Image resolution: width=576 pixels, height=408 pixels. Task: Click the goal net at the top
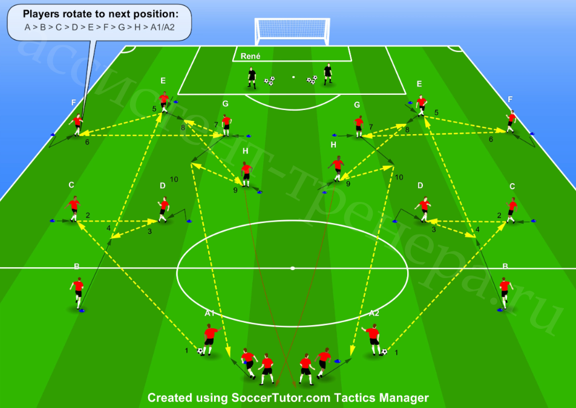pyautogui.click(x=292, y=31)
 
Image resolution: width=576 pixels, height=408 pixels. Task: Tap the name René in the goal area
pyautogui.click(x=250, y=56)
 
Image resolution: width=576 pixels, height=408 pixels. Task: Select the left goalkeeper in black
pyautogui.click(x=252, y=78)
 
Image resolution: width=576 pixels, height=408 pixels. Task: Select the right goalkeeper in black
pyautogui.click(x=328, y=74)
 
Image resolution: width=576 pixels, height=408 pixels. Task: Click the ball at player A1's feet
pyautogui.click(x=200, y=351)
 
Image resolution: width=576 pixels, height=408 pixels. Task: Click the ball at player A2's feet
pyautogui.click(x=384, y=352)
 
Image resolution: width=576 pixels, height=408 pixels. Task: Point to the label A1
pyautogui.click(x=209, y=313)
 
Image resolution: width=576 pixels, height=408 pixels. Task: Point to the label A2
pyautogui.click(x=374, y=313)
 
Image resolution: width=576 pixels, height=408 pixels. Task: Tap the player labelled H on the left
pyautogui.click(x=246, y=174)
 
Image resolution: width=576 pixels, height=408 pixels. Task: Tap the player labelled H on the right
pyautogui.click(x=337, y=169)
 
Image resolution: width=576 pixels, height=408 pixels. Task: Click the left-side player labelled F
pyautogui.click(x=77, y=125)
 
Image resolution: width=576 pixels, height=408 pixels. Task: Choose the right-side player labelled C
pyautogui.click(x=511, y=210)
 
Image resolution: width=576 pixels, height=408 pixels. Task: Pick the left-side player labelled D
pyautogui.click(x=163, y=210)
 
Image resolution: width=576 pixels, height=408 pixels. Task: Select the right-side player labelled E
pyautogui.click(x=421, y=106)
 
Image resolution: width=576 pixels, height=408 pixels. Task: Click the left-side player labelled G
pyautogui.click(x=226, y=125)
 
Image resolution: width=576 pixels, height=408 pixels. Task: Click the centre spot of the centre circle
pyautogui.click(x=292, y=268)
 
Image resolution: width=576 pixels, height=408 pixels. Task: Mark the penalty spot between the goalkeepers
pyautogui.click(x=293, y=77)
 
